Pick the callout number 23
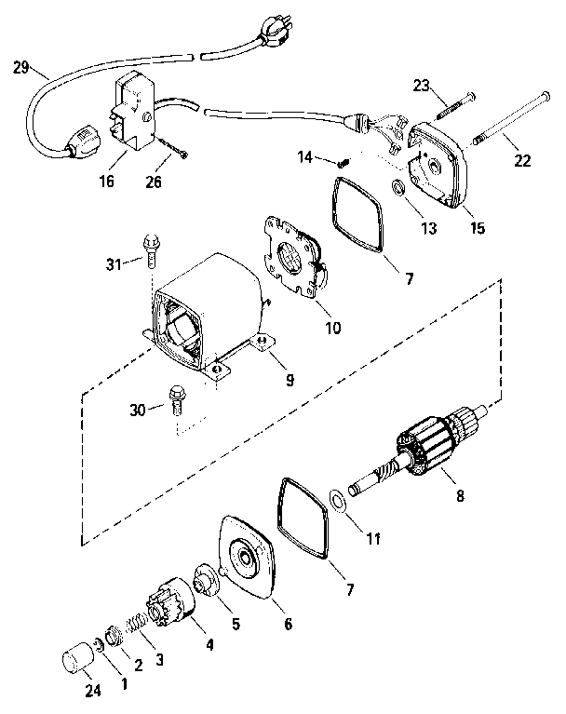421,86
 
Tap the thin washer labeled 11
338,503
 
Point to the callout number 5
235,625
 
